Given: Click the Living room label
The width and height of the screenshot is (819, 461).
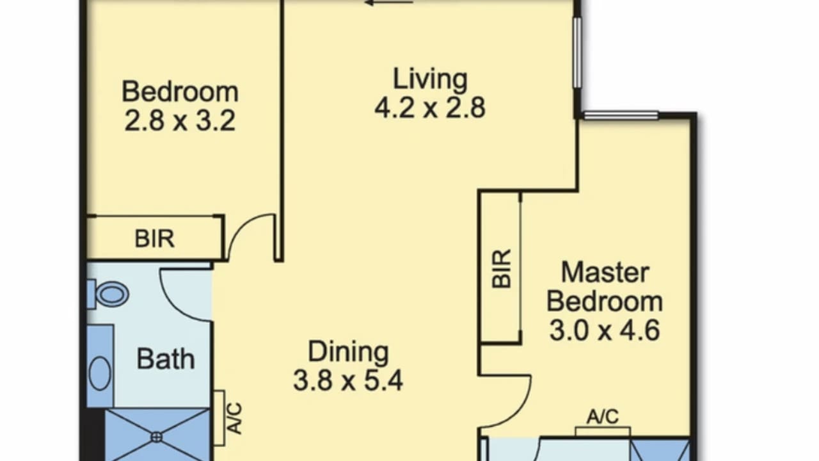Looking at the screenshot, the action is click(x=430, y=79).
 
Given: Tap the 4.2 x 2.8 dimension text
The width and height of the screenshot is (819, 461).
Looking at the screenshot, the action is click(x=430, y=108).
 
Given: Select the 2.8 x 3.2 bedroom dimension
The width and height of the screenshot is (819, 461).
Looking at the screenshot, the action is click(x=180, y=121).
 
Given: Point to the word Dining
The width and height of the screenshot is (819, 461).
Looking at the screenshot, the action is click(x=349, y=352).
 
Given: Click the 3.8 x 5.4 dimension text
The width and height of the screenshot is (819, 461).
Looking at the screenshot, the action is click(x=349, y=380).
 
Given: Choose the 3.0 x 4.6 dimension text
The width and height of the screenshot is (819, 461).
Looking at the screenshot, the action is click(x=605, y=330).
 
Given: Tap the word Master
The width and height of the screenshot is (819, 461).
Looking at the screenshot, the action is click(x=605, y=273).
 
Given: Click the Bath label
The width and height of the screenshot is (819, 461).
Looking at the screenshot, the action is click(x=166, y=359).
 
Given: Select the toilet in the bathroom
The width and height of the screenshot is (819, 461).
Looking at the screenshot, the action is click(x=108, y=294).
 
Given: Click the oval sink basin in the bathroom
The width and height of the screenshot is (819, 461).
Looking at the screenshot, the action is click(x=100, y=373).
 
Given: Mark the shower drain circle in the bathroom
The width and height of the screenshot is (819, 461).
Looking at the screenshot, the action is click(x=157, y=437).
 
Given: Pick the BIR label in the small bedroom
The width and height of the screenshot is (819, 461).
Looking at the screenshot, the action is click(x=155, y=239).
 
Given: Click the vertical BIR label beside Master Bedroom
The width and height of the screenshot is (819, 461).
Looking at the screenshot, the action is click(x=501, y=270).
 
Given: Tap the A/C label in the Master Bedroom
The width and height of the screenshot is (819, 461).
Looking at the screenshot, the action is click(x=603, y=417).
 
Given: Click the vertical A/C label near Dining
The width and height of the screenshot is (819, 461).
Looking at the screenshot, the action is click(x=235, y=418).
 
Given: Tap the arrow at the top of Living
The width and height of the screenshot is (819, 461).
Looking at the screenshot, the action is click(x=389, y=3).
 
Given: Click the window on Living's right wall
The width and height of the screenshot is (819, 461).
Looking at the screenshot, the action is click(x=577, y=53).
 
